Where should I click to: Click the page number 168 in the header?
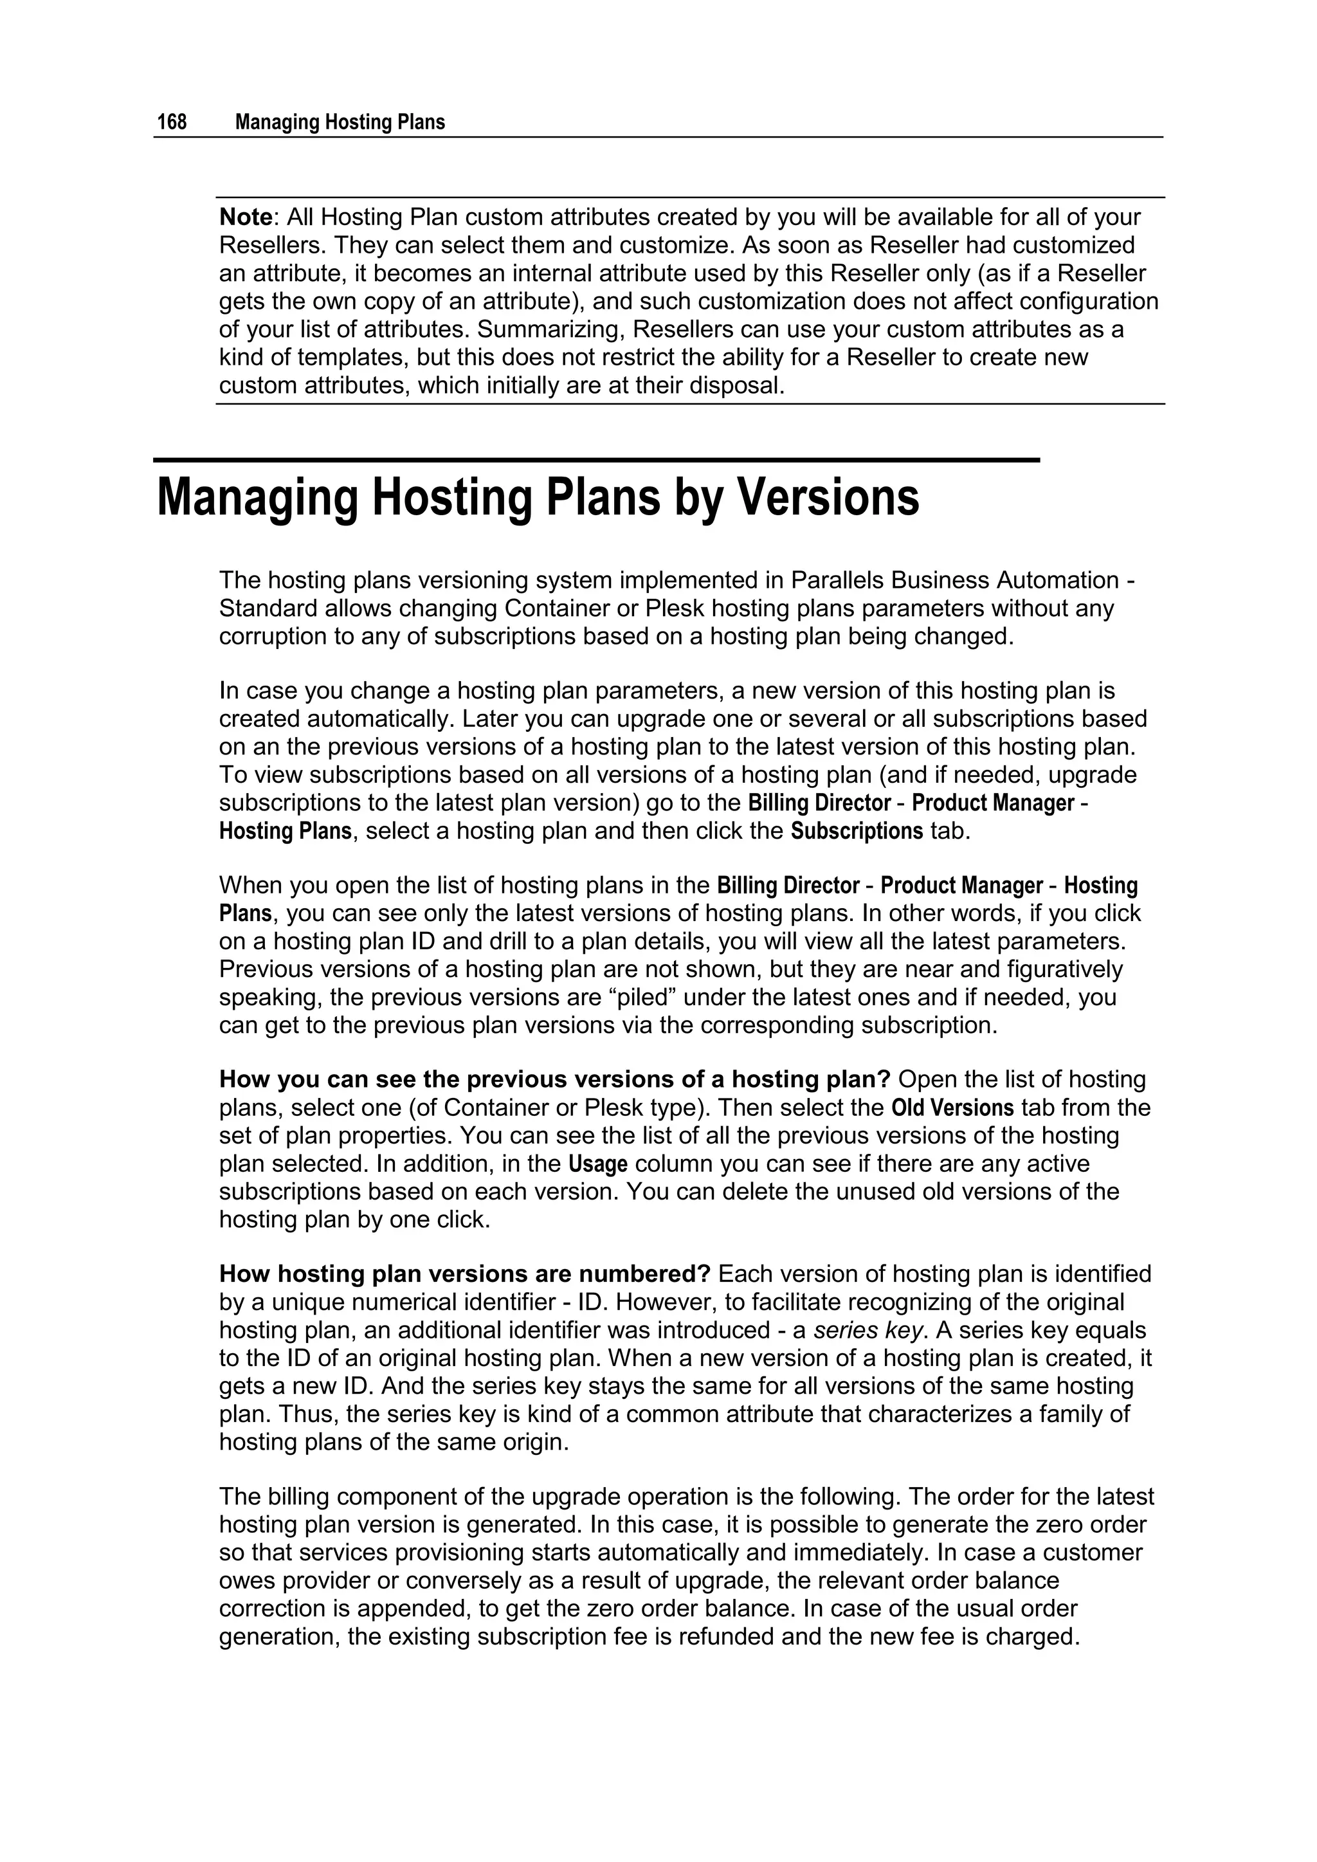tap(172, 122)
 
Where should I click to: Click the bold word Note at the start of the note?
tap(246, 217)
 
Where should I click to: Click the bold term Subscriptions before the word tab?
tap(857, 831)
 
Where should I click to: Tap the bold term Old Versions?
tap(952, 1108)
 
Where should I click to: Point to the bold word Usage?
tap(597, 1165)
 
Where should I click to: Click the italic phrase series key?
tap(867, 1331)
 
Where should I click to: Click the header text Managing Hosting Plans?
tap(340, 122)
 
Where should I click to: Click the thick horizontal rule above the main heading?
tap(596, 460)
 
